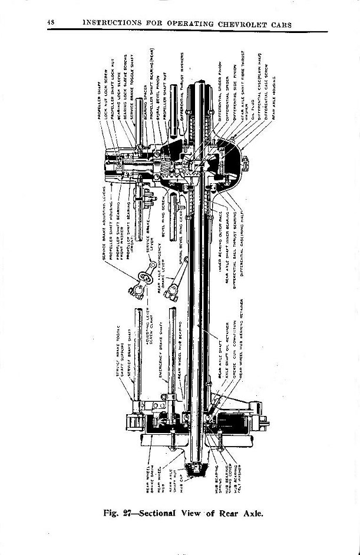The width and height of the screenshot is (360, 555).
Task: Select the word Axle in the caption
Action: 248,512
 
